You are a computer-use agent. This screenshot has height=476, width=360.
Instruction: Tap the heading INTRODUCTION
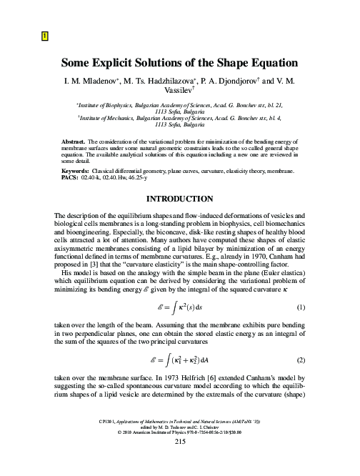(x=179, y=195)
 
